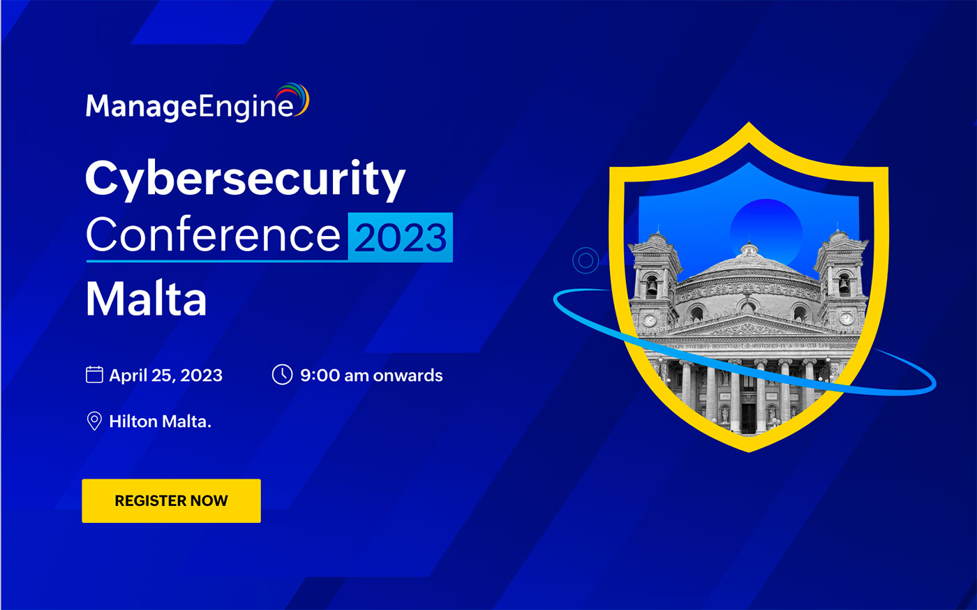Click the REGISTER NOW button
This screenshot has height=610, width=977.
tap(171, 500)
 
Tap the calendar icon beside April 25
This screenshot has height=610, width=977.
tap(94, 375)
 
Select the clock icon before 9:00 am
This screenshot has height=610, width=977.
tap(282, 375)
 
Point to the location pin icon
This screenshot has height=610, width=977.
tap(94, 421)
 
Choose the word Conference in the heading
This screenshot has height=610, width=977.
tap(213, 235)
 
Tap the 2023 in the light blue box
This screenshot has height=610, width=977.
tap(401, 237)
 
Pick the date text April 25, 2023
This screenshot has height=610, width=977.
tap(165, 375)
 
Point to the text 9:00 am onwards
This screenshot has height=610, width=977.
tap(371, 375)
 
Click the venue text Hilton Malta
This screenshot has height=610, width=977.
tap(160, 422)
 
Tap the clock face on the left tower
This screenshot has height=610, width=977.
tap(649, 320)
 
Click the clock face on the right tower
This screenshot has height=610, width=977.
tap(847, 319)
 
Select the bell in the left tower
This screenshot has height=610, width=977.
tap(651, 287)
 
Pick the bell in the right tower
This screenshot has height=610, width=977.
tap(844, 285)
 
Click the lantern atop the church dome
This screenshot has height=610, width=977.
tap(749, 250)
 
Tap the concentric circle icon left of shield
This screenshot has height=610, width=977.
tap(586, 261)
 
